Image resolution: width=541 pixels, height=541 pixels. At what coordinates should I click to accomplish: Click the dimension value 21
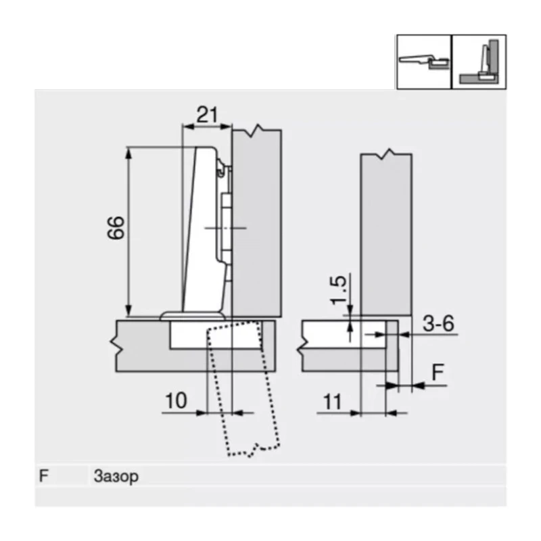pos(207,115)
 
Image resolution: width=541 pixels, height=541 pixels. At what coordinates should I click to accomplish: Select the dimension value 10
pos(176,401)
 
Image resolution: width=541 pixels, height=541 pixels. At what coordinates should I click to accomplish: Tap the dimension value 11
pos(331,402)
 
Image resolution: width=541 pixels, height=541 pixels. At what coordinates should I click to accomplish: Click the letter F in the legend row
pos(44,476)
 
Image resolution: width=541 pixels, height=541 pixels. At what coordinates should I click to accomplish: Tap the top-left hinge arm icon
pos(423,62)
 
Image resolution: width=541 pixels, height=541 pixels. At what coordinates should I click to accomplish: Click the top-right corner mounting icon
pos(479,62)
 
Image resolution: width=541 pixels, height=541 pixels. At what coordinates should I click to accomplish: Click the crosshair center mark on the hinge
pos(225,228)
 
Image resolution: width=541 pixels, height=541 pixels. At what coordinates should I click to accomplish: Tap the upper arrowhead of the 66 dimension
pos(128,153)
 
